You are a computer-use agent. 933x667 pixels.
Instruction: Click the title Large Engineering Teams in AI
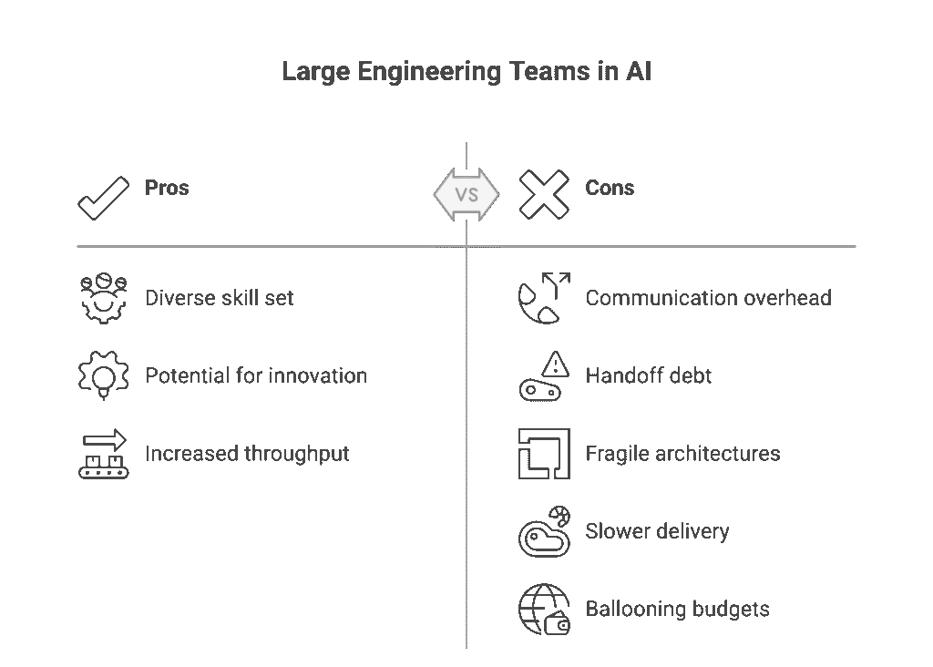click(466, 73)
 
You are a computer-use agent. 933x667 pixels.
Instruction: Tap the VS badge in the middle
click(466, 194)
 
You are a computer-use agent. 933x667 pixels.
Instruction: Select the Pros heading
click(167, 189)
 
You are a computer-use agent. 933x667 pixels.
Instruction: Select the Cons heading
click(610, 189)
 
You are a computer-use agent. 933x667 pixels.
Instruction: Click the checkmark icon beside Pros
click(103, 198)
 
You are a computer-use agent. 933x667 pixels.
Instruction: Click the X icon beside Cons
click(543, 194)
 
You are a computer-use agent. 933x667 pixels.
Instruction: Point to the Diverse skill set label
click(220, 298)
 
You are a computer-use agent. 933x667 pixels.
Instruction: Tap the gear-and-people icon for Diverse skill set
click(103, 298)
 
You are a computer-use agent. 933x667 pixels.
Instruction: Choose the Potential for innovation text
click(256, 375)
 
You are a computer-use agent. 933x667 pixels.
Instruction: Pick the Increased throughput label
click(247, 454)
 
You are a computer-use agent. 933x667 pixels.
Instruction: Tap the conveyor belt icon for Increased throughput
click(103, 455)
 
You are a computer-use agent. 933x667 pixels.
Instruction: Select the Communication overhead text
click(708, 298)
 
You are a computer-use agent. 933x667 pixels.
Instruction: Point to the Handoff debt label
click(649, 375)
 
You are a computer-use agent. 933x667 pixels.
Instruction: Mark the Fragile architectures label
click(682, 454)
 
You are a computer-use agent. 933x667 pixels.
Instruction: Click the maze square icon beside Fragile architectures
click(543, 454)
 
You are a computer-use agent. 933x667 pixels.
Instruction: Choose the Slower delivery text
click(657, 531)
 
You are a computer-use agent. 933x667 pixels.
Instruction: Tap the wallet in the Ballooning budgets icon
click(557, 625)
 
